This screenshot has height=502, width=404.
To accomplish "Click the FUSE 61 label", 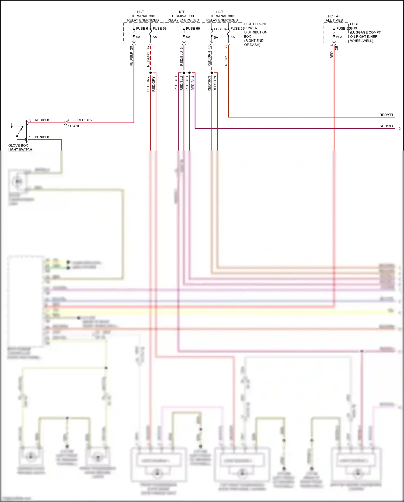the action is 142,28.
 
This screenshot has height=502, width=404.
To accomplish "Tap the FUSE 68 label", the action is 159,28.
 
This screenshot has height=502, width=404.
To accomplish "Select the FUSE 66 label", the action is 193,28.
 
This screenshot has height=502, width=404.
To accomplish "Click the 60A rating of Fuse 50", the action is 339,37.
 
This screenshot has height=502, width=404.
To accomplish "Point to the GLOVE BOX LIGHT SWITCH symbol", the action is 18,131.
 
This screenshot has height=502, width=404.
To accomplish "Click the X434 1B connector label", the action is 74,126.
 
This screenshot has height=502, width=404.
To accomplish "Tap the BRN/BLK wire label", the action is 42,137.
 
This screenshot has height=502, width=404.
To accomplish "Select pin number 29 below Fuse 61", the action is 131,48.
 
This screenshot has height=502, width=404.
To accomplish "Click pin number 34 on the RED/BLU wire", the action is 182,47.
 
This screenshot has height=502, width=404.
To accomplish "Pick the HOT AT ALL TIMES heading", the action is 334,18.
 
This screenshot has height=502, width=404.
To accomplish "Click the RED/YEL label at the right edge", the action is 386,115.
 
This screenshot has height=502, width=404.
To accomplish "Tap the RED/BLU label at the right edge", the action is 387,126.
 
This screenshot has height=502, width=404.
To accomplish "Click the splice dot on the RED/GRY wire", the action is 151,73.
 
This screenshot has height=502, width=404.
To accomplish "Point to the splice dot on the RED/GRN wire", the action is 212,73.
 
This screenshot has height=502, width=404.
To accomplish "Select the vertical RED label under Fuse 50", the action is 332,55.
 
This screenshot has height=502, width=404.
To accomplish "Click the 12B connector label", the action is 336,49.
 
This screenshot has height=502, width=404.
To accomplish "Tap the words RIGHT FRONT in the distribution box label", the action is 255,24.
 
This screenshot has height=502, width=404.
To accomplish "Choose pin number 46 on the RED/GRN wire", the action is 209,47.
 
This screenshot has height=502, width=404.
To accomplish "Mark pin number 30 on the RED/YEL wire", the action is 226,47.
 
